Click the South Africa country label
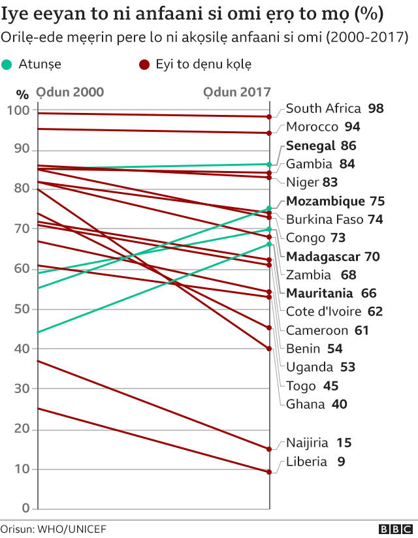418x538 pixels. point(323,108)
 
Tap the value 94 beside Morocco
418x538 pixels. point(352,127)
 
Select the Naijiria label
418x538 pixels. point(307,443)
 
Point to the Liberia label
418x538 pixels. point(306,462)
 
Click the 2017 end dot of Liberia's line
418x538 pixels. point(269,472)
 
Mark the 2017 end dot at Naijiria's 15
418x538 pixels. point(269,449)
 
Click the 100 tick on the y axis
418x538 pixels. point(22,110)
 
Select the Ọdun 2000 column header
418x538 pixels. point(70,93)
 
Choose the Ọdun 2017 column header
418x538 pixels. point(236,93)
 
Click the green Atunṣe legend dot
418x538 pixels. point(7,65)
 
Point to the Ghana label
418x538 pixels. point(306,404)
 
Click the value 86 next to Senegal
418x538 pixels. point(366,146)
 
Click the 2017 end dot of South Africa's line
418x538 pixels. point(269,117)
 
